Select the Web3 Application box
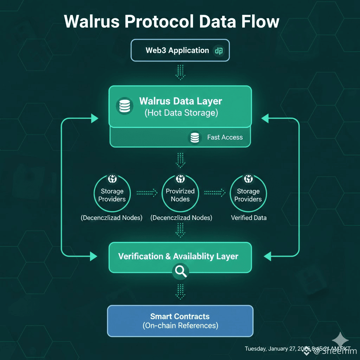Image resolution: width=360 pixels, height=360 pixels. tap(180, 50)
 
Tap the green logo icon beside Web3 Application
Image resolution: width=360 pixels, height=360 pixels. tap(219, 51)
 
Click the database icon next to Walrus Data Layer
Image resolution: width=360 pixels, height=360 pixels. tap(124, 106)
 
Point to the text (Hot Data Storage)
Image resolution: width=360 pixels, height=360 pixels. tap(181, 113)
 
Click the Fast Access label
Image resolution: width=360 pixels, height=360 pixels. tap(225, 137)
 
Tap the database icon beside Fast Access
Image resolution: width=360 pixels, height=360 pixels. tap(194, 137)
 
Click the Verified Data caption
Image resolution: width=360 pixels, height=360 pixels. tap(249, 218)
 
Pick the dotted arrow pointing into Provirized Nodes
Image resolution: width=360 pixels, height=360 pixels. tap(147, 192)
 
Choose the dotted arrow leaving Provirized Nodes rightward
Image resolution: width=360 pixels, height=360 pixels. tap(214, 192)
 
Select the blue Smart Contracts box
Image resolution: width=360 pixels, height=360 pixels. tap(180, 321)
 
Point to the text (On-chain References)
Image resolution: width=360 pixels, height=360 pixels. tap(180, 326)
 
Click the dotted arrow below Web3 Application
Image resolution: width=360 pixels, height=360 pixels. tap(180, 72)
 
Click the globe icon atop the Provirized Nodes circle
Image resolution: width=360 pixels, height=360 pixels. tap(180, 179)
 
